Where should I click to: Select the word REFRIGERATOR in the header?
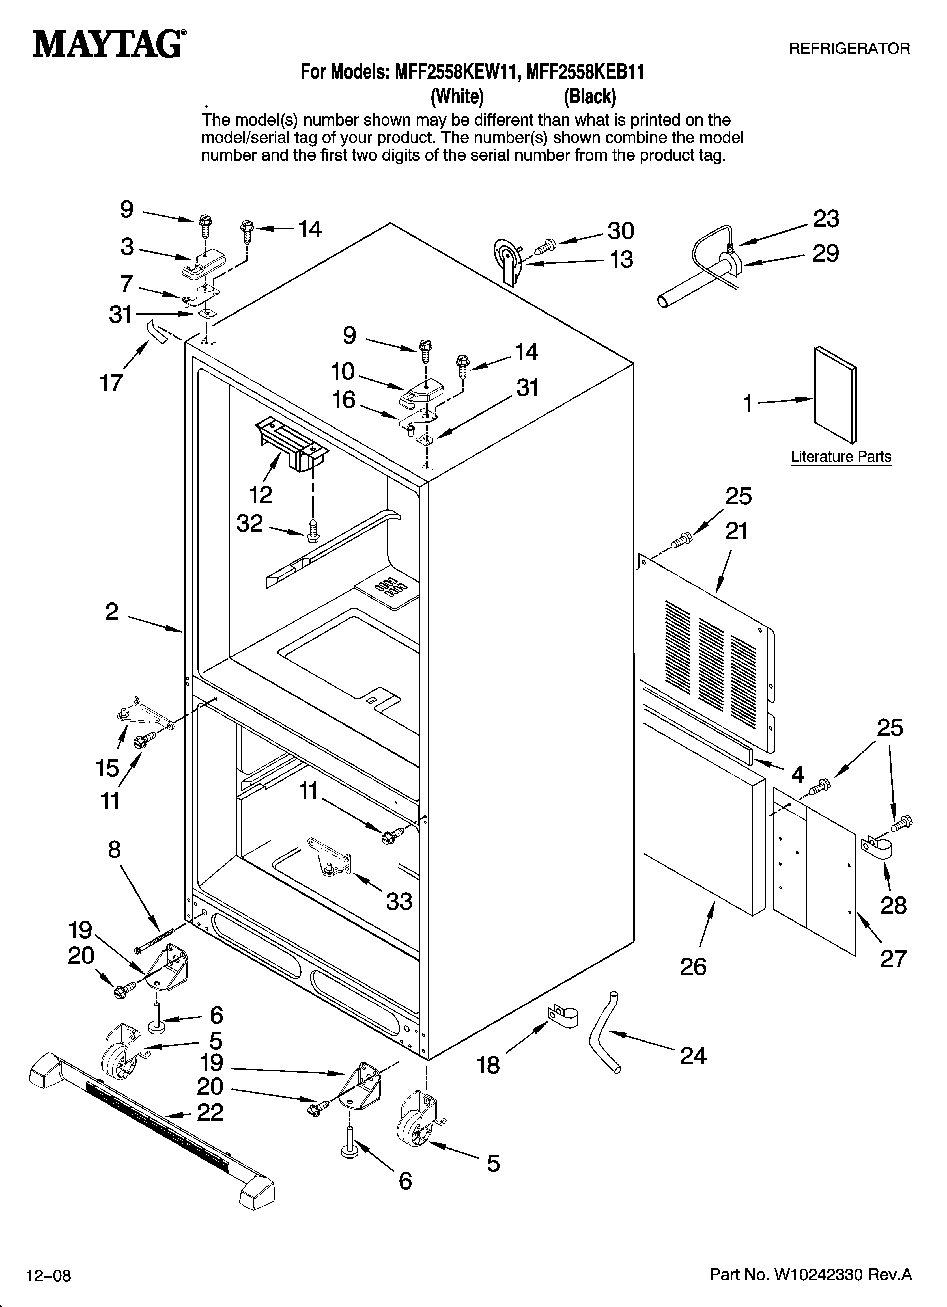click(849, 49)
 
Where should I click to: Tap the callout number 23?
click(826, 220)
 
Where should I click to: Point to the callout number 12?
click(261, 494)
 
